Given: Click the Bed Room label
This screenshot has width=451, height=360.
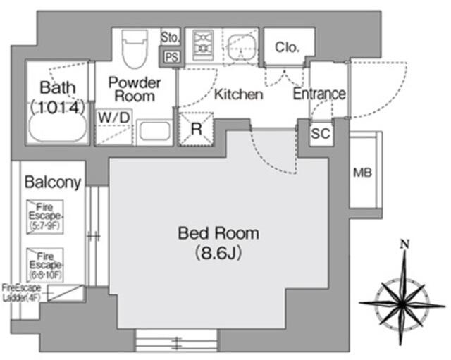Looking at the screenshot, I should (218, 233).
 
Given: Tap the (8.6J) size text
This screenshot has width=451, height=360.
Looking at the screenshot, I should (218, 252).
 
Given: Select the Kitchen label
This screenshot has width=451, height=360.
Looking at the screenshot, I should (239, 94).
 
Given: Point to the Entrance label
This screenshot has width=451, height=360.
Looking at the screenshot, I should (319, 94).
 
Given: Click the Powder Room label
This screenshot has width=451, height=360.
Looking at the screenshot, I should (135, 89).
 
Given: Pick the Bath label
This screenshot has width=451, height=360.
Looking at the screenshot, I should (57, 89).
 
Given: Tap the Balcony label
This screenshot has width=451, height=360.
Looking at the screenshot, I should (53, 182).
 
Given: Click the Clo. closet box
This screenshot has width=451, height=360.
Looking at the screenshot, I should (287, 48).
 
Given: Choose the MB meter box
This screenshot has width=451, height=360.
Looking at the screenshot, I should (363, 173).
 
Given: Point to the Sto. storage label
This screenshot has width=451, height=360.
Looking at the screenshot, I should (171, 37).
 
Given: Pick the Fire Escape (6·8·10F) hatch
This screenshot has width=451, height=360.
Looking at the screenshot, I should (47, 264).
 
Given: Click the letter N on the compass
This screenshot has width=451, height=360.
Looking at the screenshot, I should (405, 244).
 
